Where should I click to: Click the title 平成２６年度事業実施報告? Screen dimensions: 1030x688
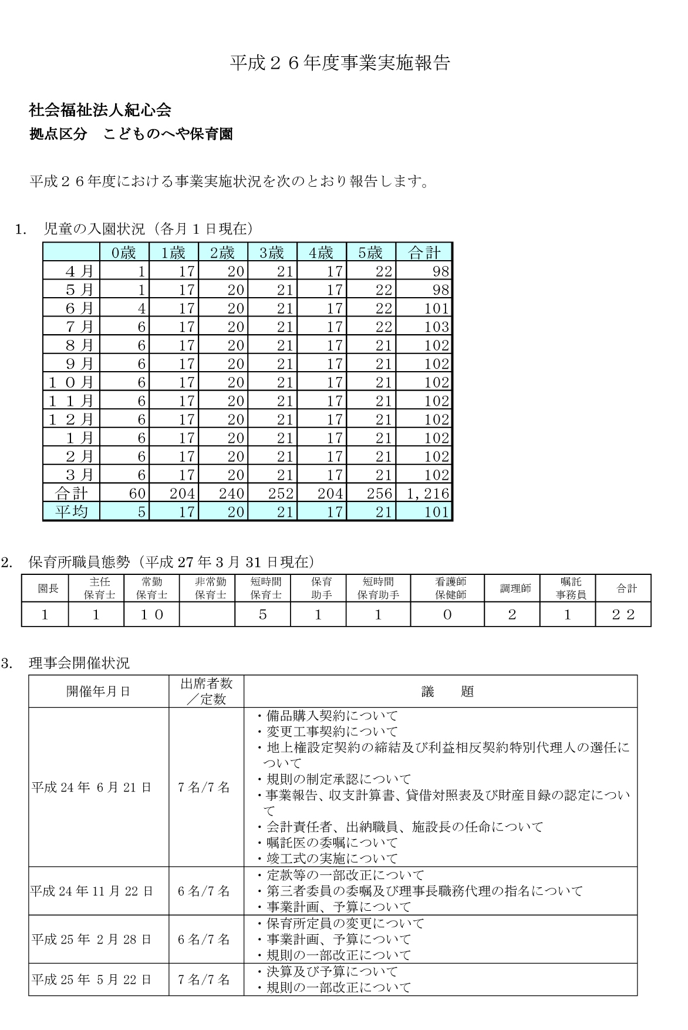(340, 63)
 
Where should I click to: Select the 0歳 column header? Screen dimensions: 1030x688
(124, 253)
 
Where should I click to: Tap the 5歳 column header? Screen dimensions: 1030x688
(370, 253)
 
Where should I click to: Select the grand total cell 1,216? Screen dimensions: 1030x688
(427, 493)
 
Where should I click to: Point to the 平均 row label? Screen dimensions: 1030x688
(72, 511)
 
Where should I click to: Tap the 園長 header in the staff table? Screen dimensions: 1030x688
(48, 588)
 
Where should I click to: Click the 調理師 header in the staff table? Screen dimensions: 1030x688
(515, 588)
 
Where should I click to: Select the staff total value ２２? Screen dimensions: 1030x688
(623, 615)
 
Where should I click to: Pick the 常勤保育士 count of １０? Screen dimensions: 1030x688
(151, 615)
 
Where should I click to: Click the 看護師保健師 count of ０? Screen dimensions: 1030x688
(447, 615)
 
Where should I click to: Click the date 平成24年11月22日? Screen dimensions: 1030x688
(92, 891)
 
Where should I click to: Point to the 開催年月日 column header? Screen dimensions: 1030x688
(98, 692)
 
